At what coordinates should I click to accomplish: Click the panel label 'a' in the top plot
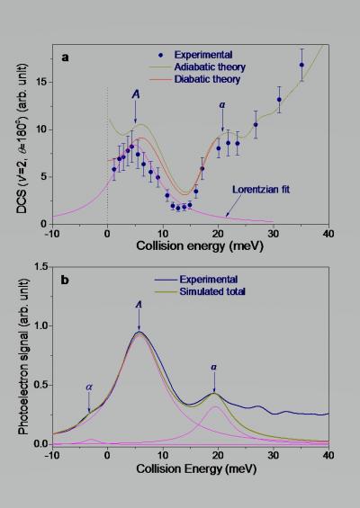66,56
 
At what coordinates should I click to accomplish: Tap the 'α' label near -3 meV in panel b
89,388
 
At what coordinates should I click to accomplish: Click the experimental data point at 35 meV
301,65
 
